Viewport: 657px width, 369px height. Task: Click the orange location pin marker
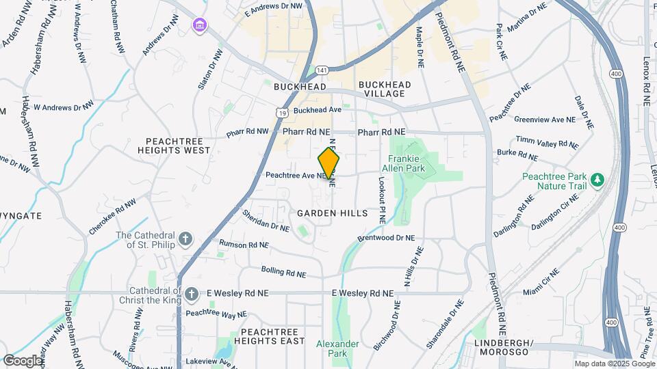pyautogui.click(x=329, y=163)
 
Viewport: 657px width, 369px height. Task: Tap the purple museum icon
pyautogui.click(x=199, y=26)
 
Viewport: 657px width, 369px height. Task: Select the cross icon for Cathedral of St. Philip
pyautogui.click(x=186, y=239)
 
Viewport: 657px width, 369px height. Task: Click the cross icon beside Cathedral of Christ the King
pyautogui.click(x=193, y=293)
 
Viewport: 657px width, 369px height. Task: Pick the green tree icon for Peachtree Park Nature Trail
pyautogui.click(x=598, y=180)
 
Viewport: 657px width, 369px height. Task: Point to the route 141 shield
pyautogui.click(x=321, y=70)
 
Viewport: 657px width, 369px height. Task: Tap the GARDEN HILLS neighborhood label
pyautogui.click(x=333, y=213)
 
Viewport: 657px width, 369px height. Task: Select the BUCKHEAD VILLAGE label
pyautogui.click(x=384, y=89)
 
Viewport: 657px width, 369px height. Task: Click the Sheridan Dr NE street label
pyautogui.click(x=266, y=220)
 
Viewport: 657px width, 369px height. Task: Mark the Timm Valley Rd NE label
pyautogui.click(x=547, y=142)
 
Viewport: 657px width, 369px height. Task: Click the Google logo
pyautogui.click(x=22, y=360)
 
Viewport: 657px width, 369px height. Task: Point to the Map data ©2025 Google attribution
pyautogui.click(x=614, y=364)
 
